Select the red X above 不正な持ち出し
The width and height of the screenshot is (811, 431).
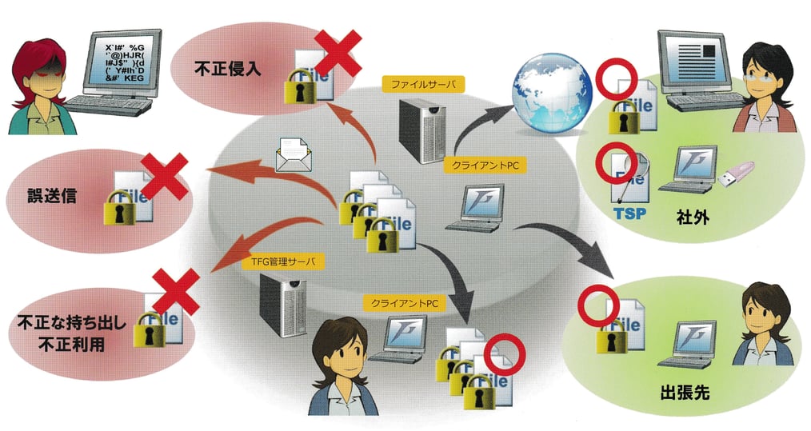tap(176, 292)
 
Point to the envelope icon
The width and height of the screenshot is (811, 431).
tap(293, 154)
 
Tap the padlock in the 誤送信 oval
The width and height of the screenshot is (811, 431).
tap(121, 206)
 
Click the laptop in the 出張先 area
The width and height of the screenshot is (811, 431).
tap(686, 344)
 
